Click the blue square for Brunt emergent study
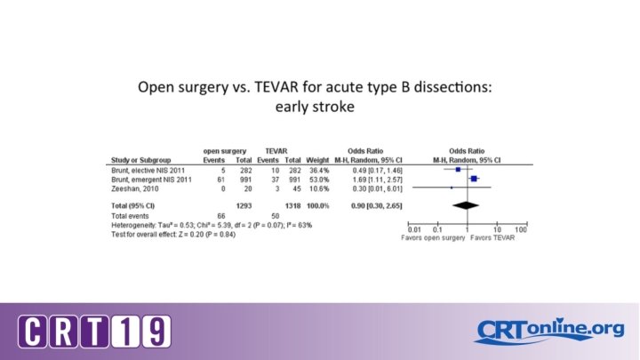475,179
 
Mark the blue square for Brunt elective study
458,169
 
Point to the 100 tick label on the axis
520,229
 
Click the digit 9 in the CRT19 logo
155,332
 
